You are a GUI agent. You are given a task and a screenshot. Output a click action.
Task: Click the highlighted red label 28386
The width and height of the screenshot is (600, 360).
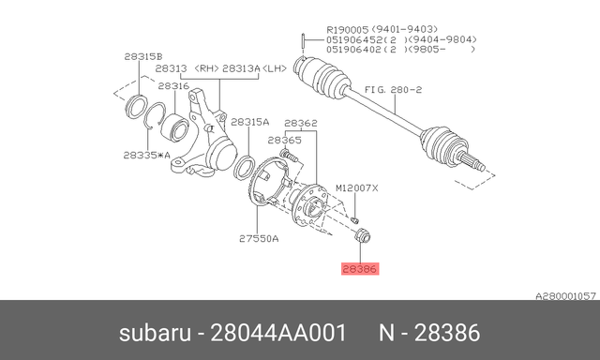[361, 268]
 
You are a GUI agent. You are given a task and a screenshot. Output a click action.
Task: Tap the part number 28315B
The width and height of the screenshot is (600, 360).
[142, 56]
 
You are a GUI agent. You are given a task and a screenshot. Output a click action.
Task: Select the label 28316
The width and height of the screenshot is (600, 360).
[174, 85]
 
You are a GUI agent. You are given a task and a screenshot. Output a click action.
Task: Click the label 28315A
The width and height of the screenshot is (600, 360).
[250, 122]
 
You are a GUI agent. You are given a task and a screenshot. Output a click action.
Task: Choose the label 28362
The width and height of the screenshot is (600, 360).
[300, 123]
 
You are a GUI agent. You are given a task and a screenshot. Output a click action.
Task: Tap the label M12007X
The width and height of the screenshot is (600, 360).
[357, 187]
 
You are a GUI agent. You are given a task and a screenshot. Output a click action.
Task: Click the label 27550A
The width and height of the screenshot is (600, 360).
[259, 238]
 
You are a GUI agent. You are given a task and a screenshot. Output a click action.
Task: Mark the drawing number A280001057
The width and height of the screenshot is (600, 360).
[565, 295]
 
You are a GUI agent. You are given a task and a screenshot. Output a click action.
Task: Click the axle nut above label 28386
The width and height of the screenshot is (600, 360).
[363, 233]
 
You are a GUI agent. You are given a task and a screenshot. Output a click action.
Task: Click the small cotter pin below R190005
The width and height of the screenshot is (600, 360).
[305, 39]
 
